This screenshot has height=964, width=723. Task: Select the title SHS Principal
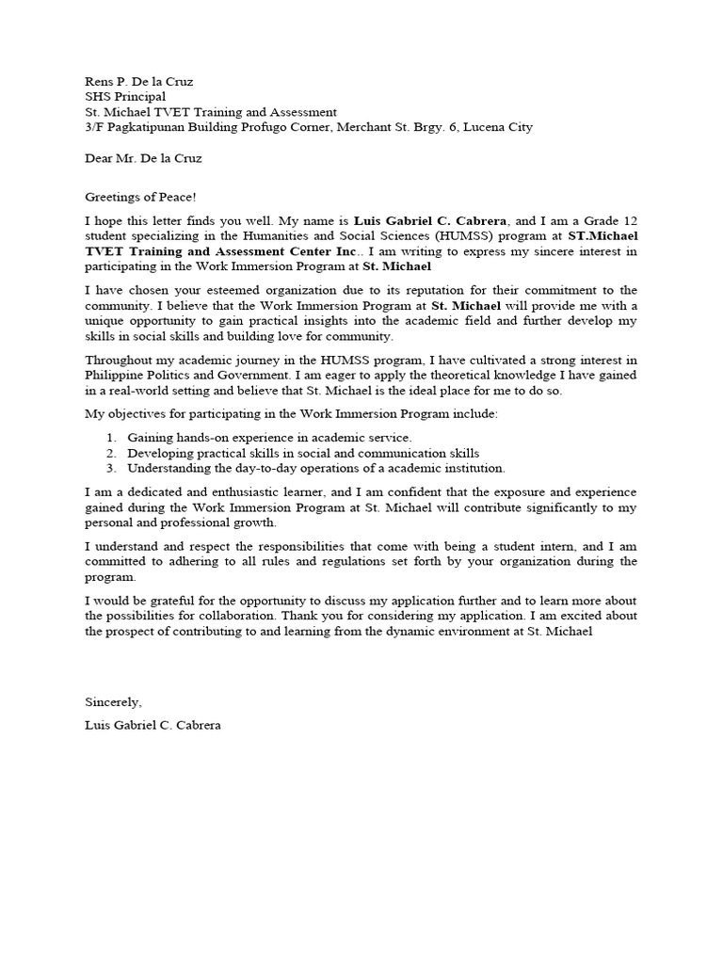point(125,96)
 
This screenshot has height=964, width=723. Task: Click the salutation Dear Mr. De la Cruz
point(143,158)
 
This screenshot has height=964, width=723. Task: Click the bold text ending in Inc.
point(221,251)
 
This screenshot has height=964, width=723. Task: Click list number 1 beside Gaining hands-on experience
point(110,437)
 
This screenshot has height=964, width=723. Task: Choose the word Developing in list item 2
point(162,452)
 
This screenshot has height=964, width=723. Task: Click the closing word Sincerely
point(113,701)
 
